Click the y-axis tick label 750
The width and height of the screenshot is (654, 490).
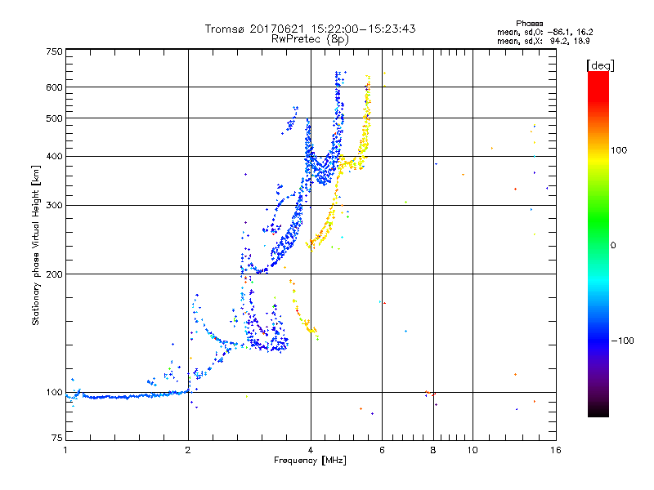click(x=54, y=51)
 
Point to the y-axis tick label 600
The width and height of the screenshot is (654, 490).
click(x=54, y=87)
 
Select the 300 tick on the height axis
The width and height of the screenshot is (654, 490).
click(x=54, y=205)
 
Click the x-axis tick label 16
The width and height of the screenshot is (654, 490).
click(x=555, y=450)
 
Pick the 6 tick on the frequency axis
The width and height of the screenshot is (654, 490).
click(x=382, y=450)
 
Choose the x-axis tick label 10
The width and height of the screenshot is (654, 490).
click(x=473, y=450)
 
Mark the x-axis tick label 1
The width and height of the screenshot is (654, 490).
click(x=65, y=450)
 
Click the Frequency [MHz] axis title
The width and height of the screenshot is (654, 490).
click(x=310, y=461)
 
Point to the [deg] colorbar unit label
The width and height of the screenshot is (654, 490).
click(x=601, y=65)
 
